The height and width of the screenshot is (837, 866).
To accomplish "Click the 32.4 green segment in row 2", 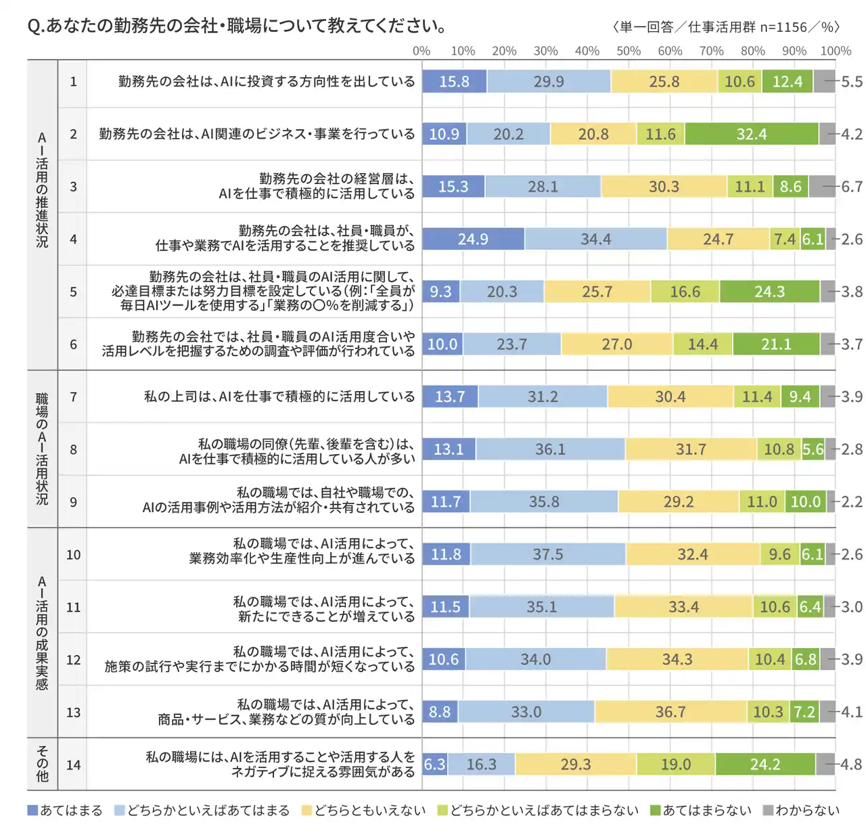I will coord(752,134).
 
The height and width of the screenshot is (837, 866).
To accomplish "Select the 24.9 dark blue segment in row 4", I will coord(473,239).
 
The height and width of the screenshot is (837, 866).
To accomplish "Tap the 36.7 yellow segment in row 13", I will coord(670,712).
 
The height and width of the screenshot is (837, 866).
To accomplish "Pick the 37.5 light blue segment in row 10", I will coord(548,554).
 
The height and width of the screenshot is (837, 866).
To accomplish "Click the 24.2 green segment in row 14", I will coord(765,765).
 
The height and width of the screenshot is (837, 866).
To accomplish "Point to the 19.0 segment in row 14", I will coord(676,765).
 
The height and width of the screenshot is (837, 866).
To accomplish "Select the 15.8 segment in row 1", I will coord(454,82).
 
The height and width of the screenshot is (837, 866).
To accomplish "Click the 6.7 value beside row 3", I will coord(852,187).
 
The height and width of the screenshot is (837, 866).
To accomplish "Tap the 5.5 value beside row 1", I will coord(852,82).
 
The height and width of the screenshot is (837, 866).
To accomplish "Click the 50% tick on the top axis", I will coord(629,51).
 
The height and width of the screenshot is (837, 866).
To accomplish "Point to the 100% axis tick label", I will coord(836,51).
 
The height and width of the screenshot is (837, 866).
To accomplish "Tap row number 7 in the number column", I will coord(73,397).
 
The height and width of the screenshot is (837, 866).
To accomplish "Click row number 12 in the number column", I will coord(73,660).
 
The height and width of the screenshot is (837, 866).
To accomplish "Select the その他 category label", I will coord(42,765).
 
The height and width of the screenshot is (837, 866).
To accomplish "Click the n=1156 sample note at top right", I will coord(783,27).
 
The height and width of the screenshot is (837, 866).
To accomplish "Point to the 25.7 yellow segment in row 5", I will coord(597,292).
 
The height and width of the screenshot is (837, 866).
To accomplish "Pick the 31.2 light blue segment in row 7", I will coord(543,397).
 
